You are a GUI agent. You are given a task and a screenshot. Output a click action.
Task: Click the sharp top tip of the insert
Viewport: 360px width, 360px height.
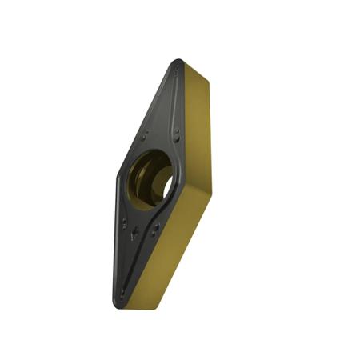(x=178, y=62)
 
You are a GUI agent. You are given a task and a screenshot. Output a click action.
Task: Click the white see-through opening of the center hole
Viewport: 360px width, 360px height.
(x=168, y=185)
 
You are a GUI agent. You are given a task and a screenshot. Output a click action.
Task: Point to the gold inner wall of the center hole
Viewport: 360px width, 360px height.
(x=142, y=186)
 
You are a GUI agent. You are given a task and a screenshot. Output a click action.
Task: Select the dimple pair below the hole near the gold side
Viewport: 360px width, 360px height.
(x=155, y=228)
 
